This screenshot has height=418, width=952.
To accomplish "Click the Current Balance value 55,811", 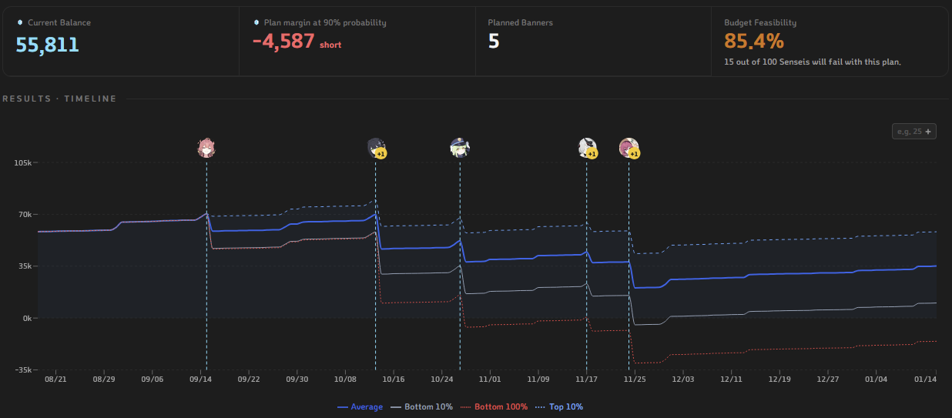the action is tap(47, 45).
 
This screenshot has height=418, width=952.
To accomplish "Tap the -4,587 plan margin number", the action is tap(283, 42).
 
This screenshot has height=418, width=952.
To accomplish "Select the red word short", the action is tap(330, 45).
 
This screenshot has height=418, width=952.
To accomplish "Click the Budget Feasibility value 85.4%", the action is tap(754, 42).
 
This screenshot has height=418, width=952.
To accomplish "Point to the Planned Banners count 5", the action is tap(494, 42).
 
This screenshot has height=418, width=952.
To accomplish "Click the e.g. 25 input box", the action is tap(913, 132).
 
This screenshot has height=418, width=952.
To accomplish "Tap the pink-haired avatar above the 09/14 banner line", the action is tap(206, 147).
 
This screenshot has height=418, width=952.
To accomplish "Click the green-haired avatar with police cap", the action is tap(460, 147).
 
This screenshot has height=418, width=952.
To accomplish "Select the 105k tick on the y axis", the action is tap(23, 162).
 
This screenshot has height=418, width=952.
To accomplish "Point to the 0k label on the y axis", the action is tap(27, 318).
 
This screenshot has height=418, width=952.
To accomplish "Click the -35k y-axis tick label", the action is tap(23, 370).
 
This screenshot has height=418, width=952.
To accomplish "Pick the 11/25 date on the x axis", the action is tap(635, 379).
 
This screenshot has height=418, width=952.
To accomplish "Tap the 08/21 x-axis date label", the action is tap(55, 379).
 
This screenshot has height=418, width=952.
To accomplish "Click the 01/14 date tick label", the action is tap(925, 379).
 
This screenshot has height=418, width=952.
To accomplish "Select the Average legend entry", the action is tap(360, 407).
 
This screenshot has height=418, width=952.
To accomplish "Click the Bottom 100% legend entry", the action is tap(494, 407).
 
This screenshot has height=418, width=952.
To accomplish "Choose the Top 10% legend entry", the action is tap(559, 407).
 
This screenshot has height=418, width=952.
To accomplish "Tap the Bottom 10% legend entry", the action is tap(421, 407).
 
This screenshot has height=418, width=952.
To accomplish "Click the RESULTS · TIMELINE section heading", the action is tap(59, 99).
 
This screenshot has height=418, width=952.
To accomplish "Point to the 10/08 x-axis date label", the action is tap(345, 379).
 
